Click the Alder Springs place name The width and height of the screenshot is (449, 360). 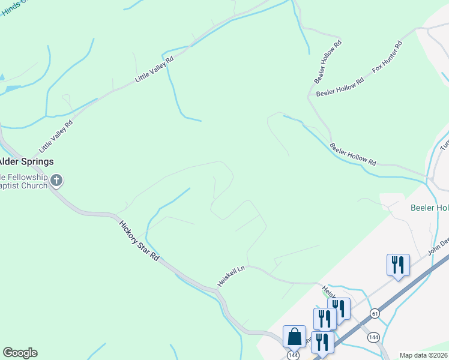pos(26,161)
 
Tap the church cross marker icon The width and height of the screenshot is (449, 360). pos(56,180)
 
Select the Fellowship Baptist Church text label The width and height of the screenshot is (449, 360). pos(24,181)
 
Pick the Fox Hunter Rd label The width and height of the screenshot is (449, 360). pos(387,57)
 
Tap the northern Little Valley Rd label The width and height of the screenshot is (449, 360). pos(154,69)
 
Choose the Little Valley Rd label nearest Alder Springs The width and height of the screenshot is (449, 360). pos(56,136)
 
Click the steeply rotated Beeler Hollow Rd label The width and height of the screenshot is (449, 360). pos(328,61)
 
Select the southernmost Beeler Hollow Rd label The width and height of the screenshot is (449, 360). pos(353,154)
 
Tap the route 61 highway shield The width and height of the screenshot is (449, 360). pos(375,314)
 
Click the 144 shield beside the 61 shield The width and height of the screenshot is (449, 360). pos(373,337)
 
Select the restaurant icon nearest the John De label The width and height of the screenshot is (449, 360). pos(397,265)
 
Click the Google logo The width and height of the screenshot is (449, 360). pos(20,352)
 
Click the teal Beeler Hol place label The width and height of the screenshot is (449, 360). pos(429,208)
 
